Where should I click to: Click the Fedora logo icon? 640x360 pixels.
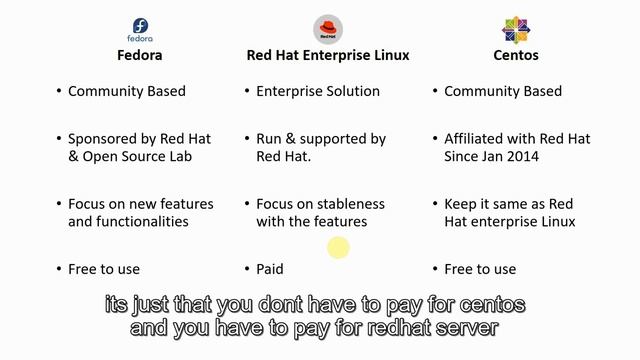(x=141, y=27)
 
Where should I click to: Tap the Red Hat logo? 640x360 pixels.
(x=327, y=27)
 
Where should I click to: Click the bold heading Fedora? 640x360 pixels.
(x=140, y=55)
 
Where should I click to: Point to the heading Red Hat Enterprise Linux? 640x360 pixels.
(x=328, y=55)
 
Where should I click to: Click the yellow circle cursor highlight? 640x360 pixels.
(x=338, y=248)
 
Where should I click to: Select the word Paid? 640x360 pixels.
(x=270, y=269)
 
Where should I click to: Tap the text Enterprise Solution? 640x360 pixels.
(x=318, y=91)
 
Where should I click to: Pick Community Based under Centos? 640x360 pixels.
(x=503, y=91)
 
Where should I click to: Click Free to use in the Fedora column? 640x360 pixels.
(x=104, y=269)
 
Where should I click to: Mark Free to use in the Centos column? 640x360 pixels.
(x=480, y=269)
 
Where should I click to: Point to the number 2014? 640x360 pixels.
(x=521, y=156)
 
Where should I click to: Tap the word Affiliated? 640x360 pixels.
(x=475, y=139)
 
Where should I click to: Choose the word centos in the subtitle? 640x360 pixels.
(x=486, y=304)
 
